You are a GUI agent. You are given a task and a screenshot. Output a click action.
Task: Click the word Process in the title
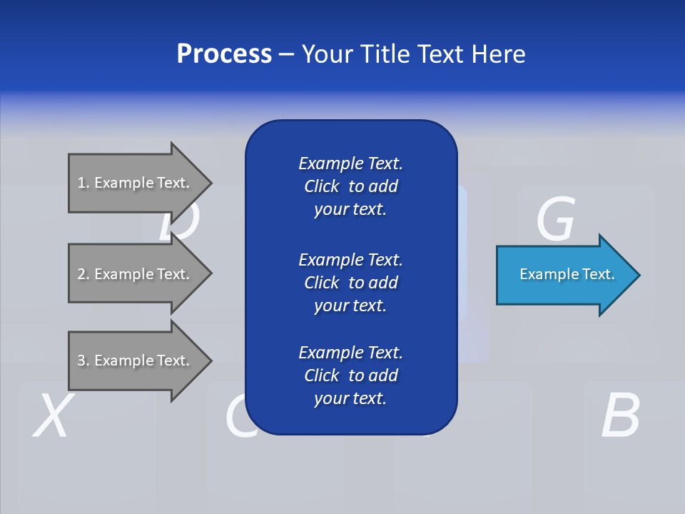[x=224, y=54]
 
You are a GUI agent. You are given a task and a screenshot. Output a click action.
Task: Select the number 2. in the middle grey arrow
[x=83, y=274]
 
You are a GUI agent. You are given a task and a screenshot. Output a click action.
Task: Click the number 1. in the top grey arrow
[x=83, y=183]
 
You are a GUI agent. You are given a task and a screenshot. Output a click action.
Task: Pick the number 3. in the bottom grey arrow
[x=83, y=361]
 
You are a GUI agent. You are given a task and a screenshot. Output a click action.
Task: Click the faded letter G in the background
[x=555, y=218]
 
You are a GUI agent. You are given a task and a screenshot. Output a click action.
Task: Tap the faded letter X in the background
[x=51, y=415]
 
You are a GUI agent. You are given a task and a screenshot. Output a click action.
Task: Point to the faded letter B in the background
[x=619, y=415]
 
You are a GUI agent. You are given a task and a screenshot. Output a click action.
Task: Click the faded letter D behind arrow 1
[x=178, y=224]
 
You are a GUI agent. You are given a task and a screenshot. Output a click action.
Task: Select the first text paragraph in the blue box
[x=350, y=186]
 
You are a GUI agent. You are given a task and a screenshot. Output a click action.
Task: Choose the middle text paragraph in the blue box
[x=350, y=283]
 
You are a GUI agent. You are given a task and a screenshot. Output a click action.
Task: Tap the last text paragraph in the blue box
[x=350, y=376]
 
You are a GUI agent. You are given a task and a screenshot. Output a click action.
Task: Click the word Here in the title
[x=497, y=54]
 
